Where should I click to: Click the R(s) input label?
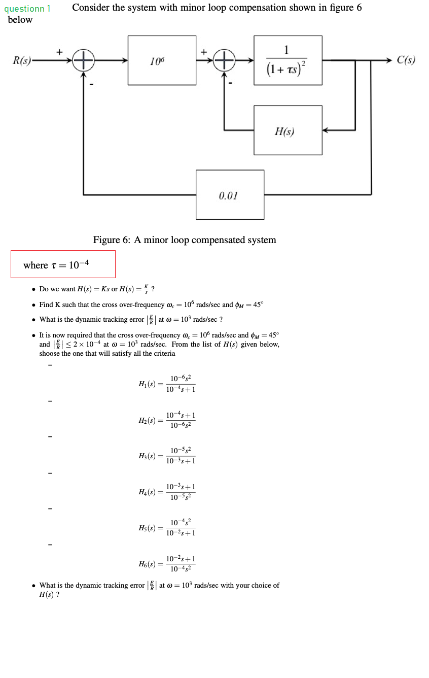[21, 60]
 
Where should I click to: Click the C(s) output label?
[406, 60]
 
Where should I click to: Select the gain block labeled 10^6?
[162, 60]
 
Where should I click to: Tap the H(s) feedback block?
[288, 130]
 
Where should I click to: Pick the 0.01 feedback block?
[230, 194]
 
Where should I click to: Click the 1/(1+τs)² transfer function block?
[288, 60]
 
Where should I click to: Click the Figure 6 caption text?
[185, 240]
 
